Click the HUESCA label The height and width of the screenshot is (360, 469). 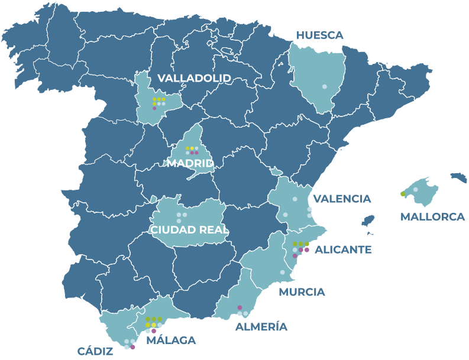tap(319, 35)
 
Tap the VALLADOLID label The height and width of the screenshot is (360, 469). tap(194, 78)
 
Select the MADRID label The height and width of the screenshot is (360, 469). tap(190, 163)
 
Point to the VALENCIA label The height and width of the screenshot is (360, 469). tap(342, 199)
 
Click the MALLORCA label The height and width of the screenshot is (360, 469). tap(432, 217)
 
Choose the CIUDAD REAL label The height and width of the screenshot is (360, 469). tap(189, 229)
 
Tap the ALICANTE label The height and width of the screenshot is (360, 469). tap(343, 249)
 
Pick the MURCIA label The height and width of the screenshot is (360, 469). tap(302, 292)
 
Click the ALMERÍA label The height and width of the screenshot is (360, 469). tap(261, 327)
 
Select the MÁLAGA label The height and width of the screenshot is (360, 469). tap(171, 340)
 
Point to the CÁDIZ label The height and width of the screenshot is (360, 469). tap(95, 351)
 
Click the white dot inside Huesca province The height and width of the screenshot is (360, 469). tap(324, 87)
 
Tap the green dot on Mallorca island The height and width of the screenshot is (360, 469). tap(403, 194)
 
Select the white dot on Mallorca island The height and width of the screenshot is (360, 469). tap(416, 190)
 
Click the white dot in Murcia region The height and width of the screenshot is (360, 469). tap(283, 273)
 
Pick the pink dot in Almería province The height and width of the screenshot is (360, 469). tap(240, 307)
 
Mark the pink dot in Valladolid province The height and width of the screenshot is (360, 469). tap(154, 108)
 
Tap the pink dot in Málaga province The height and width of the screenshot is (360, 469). tap(153, 331)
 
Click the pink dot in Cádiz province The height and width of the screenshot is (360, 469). tap(133, 347)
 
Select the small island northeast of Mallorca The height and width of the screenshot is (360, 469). tap(458, 177)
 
